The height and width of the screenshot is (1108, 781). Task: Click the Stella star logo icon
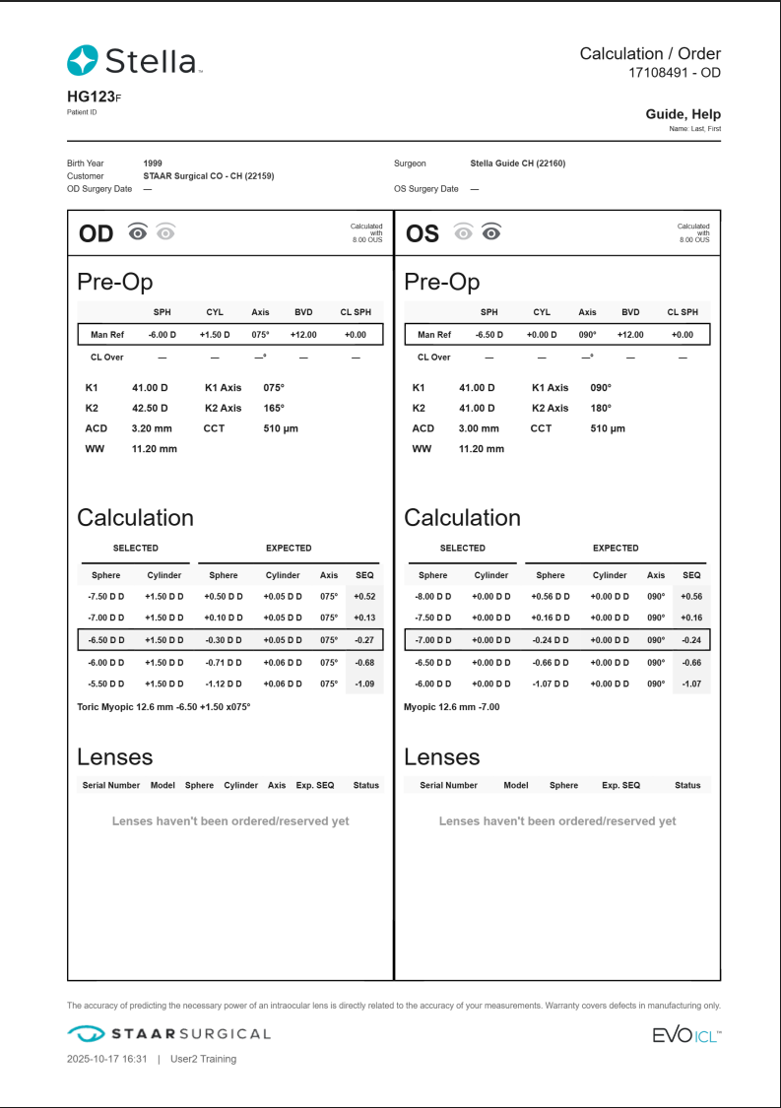pos(82,61)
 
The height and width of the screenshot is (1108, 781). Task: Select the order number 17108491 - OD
pos(675,73)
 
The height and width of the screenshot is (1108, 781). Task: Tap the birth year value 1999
pos(153,163)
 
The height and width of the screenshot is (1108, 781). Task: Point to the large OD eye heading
pos(96,233)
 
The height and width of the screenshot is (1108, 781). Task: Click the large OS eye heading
pos(423,233)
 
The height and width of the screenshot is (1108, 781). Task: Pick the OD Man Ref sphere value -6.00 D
pos(162,335)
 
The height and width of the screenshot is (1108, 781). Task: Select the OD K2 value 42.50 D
pos(150,408)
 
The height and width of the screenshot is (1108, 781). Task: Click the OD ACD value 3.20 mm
pos(152,428)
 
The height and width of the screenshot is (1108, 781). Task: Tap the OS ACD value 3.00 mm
pos(479,428)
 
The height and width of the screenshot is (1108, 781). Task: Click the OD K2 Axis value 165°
pos(274,408)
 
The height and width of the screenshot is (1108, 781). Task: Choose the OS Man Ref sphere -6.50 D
pos(488,335)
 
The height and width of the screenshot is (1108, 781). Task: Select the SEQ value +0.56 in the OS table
pos(691,596)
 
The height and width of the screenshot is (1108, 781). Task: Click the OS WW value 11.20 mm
pos(481,449)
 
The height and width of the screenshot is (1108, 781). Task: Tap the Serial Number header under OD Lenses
pos(110,785)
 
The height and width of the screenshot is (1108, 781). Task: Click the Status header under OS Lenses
pos(687,785)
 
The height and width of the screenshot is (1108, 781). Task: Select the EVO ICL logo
pos(686,1034)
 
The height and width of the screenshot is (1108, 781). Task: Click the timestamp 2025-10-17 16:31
pos(106,1059)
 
